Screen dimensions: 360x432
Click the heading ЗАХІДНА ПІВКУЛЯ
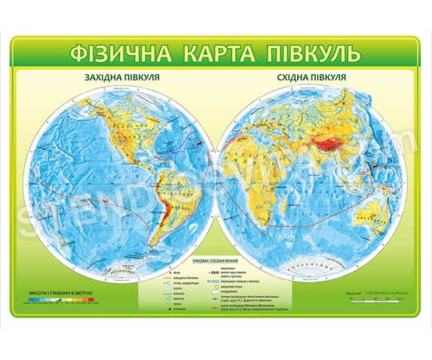[118, 78]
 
